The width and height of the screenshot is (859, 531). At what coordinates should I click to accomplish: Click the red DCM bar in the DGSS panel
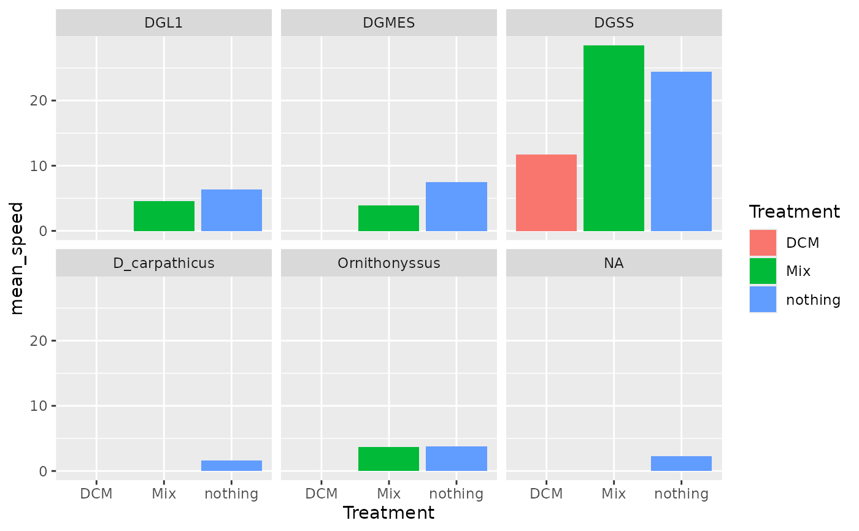546,193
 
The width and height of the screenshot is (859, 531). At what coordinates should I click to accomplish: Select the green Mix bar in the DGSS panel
614,138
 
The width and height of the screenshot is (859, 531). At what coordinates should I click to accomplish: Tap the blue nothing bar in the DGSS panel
681,151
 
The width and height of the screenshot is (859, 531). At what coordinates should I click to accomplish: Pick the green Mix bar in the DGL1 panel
164,216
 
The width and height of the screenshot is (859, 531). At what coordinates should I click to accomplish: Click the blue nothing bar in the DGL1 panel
231,210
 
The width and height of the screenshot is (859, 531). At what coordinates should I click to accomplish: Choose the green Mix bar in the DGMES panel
388,218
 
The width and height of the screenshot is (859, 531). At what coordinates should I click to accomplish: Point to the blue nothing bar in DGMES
456,207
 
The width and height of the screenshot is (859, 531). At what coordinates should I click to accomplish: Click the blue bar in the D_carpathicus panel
231,465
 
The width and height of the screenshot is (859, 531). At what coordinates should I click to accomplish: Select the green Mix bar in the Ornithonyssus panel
388,459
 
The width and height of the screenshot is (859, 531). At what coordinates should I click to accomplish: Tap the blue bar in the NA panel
681,464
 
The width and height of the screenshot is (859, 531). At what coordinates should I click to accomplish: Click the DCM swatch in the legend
763,243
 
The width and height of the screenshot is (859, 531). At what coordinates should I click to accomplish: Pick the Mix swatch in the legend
763,271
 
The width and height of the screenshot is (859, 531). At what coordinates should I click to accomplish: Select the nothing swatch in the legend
763,299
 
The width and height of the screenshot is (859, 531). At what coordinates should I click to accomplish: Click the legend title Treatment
794,212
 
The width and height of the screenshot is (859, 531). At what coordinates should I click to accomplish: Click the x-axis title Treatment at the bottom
388,513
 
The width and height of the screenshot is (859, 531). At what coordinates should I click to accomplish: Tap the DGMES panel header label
389,23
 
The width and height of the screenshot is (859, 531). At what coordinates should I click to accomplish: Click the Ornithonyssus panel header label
389,264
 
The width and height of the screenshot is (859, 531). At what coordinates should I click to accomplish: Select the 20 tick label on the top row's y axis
37,101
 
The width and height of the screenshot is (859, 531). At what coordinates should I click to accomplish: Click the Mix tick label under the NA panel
614,494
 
